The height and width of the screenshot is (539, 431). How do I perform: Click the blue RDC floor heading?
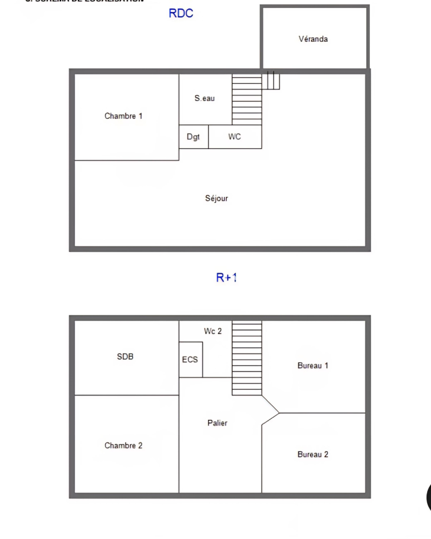click(x=181, y=13)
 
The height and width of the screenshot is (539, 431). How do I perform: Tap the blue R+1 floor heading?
click(x=226, y=277)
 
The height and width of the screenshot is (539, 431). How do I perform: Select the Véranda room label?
click(x=313, y=39)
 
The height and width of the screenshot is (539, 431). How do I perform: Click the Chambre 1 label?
click(x=123, y=116)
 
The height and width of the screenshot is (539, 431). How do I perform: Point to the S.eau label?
click(x=205, y=98)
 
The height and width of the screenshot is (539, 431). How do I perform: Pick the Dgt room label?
click(x=193, y=137)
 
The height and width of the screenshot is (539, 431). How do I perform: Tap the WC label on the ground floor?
click(x=234, y=136)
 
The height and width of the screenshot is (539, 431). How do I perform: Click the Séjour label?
click(x=217, y=198)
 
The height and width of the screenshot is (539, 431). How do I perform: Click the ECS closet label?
click(x=190, y=360)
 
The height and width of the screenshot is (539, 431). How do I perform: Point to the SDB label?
click(x=125, y=357)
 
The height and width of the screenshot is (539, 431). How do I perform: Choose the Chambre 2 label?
click(x=123, y=445)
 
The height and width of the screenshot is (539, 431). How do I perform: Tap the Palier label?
click(x=217, y=423)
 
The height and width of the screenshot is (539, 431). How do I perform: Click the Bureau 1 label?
click(x=312, y=365)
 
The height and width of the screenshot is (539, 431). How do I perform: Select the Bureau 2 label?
click(x=312, y=454)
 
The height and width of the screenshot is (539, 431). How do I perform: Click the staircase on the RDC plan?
click(x=247, y=100)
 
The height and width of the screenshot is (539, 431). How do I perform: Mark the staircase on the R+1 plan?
click(x=247, y=357)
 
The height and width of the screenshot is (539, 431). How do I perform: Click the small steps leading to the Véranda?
click(x=271, y=80)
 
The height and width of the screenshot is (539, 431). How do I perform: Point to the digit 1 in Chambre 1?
click(x=141, y=116)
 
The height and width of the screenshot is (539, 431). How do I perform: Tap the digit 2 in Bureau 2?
click(x=326, y=454)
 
